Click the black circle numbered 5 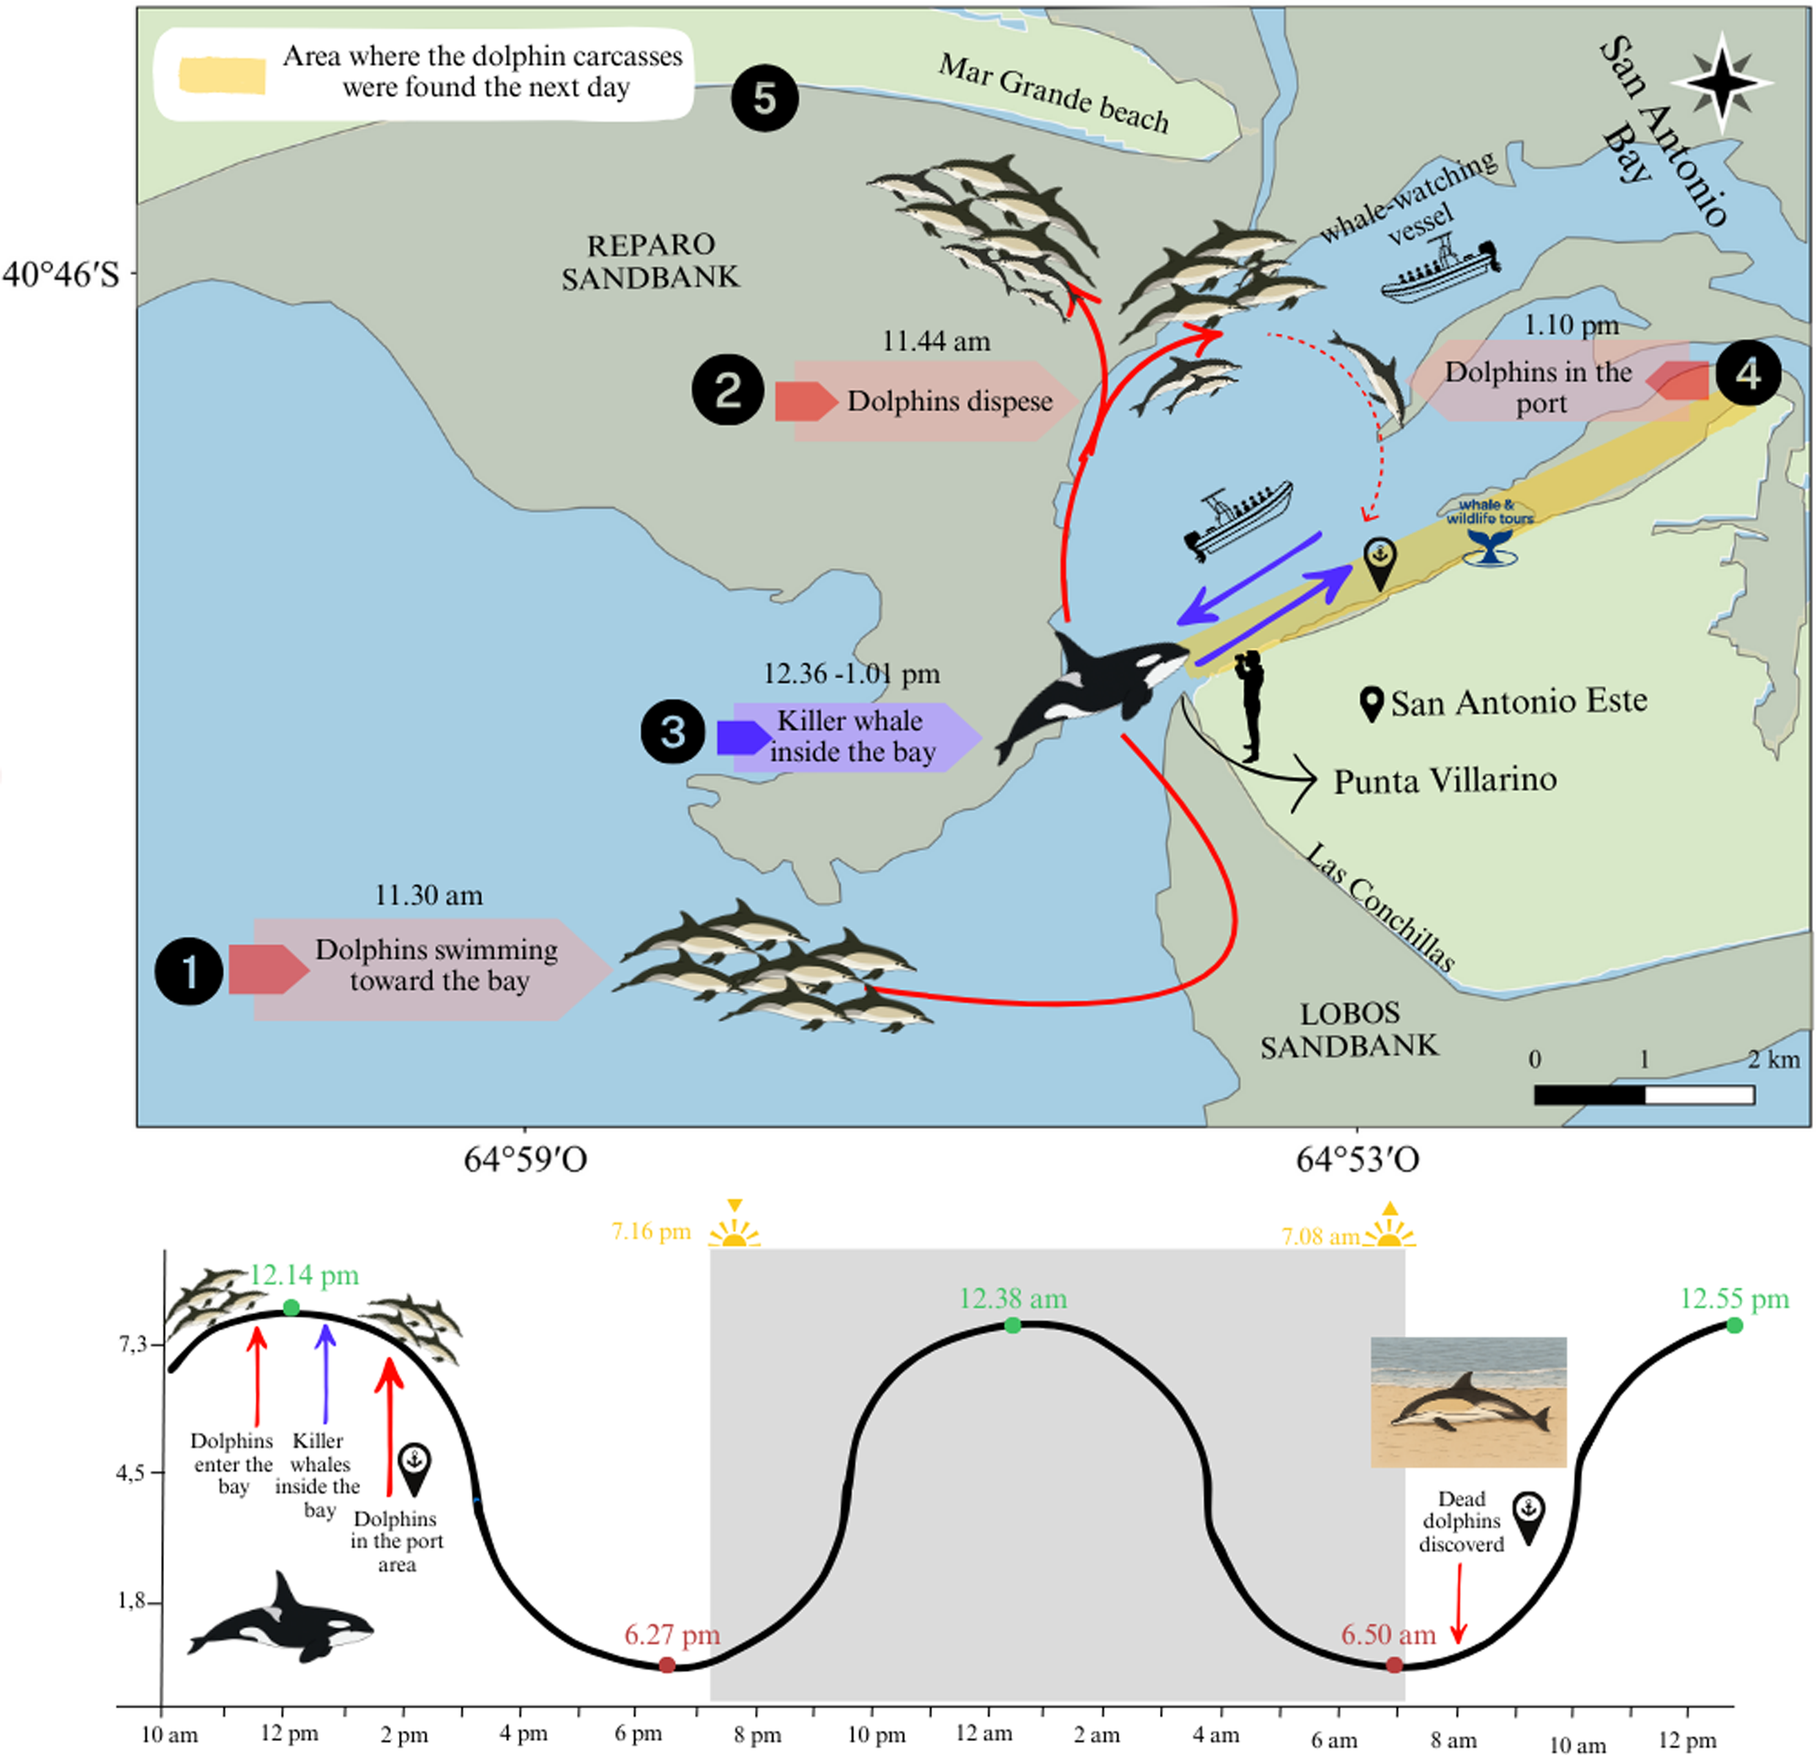764,97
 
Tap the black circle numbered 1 189,971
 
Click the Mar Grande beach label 1054,93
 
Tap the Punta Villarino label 1445,780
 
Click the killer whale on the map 1093,690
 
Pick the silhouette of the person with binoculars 1251,704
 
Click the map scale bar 1644,1094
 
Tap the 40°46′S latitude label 62,274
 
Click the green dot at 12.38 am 1013,1326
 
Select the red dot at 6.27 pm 667,1665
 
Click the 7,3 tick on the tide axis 133,1343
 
